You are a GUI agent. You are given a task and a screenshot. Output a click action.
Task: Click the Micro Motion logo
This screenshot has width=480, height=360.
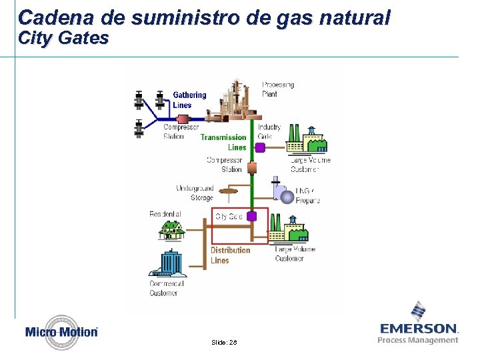61,331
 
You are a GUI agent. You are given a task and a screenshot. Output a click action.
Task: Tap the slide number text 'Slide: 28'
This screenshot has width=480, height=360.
224,342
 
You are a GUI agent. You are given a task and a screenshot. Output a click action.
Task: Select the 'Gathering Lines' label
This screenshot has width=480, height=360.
189,100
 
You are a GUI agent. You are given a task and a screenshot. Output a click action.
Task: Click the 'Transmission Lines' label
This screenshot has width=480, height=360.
223,142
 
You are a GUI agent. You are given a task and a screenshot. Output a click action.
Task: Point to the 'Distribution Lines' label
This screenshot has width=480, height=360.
230,255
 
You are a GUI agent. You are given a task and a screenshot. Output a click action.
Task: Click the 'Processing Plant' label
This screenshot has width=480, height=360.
277,89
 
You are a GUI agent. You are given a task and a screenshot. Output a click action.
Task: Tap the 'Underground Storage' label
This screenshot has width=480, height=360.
195,193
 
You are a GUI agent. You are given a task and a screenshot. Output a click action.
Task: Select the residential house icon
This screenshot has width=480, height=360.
171,229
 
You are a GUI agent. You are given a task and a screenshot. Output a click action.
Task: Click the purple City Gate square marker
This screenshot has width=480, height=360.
252,217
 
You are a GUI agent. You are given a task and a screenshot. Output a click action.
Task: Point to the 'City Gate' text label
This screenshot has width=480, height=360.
229,217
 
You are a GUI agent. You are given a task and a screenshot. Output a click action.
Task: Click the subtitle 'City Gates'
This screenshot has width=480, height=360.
63,38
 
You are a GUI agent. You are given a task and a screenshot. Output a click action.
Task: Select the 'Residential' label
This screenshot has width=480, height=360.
165,214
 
